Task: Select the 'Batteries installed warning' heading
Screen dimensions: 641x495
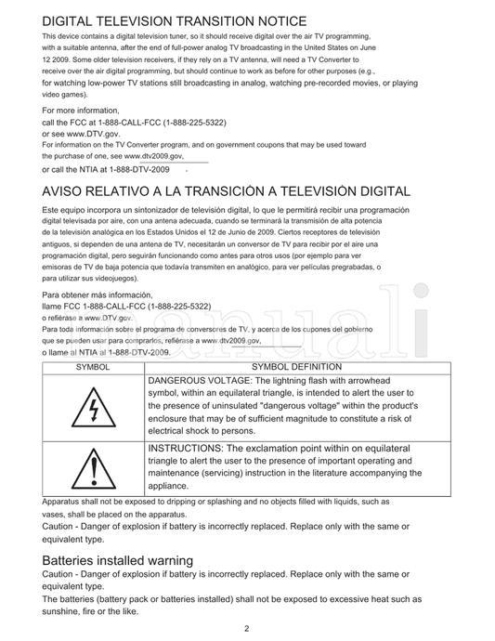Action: click(x=117, y=560)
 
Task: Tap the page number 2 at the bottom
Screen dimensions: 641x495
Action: click(x=247, y=628)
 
